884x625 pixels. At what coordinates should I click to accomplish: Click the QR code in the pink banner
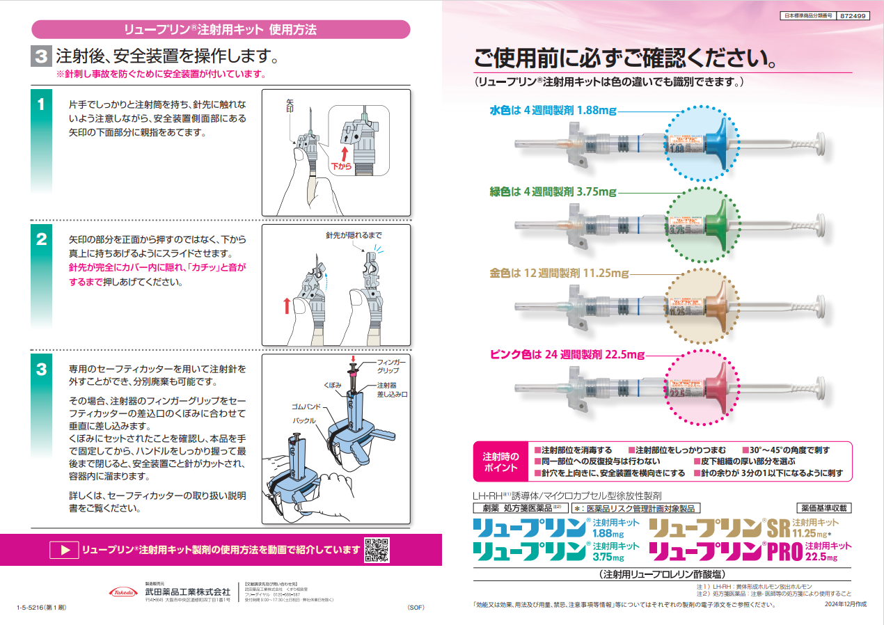[x=377, y=550]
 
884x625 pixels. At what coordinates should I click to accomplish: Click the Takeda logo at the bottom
[x=123, y=592]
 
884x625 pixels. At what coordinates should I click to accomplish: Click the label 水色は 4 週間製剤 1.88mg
[x=553, y=110]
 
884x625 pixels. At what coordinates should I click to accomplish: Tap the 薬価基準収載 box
[x=823, y=508]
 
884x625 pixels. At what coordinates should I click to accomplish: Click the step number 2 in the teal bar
[x=41, y=240]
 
